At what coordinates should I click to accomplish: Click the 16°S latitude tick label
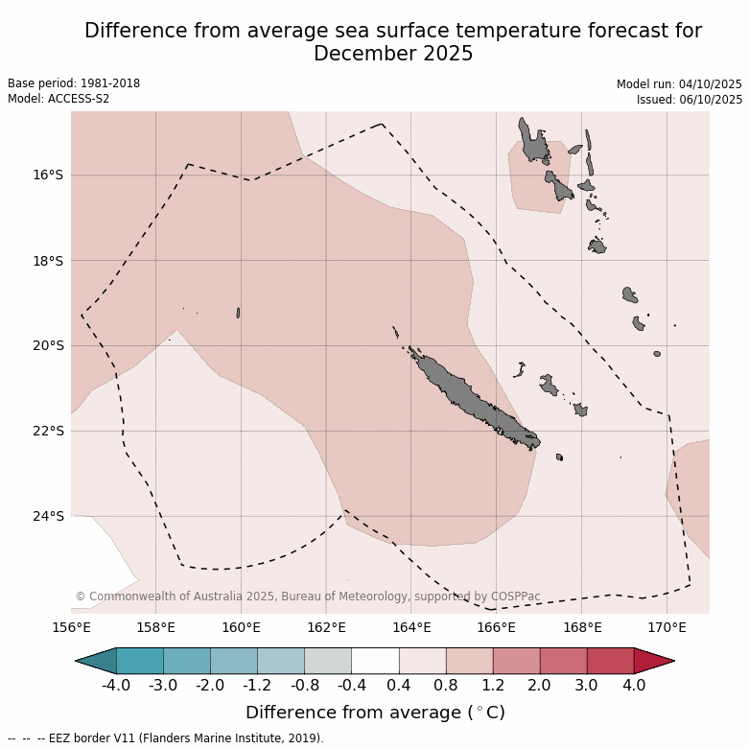click(47, 175)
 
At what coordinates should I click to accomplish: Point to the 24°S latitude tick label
click(47, 516)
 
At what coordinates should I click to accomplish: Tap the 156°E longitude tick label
click(71, 628)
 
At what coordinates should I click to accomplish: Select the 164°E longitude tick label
click(411, 628)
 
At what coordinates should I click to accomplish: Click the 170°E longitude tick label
click(667, 628)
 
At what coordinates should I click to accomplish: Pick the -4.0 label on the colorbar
click(116, 686)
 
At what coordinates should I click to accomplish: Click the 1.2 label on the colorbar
click(493, 686)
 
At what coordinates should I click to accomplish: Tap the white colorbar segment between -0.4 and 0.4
click(375, 661)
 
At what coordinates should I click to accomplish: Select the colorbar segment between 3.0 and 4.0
click(610, 661)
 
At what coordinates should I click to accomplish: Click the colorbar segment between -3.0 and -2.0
click(187, 661)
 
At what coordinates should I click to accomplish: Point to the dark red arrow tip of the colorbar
click(654, 661)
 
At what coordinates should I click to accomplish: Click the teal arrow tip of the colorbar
click(96, 661)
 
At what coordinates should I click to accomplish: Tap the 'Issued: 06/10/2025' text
click(690, 99)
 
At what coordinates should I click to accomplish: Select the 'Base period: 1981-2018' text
click(74, 83)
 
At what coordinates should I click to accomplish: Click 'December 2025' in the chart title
click(393, 54)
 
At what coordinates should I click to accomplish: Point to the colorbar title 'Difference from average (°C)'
click(375, 713)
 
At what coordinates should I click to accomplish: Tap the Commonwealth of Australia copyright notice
click(307, 597)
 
